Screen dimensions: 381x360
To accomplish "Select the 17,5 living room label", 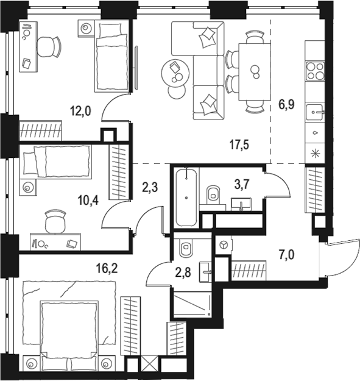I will (241, 146).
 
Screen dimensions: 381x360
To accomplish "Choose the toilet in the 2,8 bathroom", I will (186, 249).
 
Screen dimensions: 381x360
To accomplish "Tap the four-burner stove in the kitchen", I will (315, 71).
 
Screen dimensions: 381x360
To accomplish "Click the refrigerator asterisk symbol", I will (315, 152).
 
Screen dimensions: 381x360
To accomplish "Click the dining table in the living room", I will (255, 71).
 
